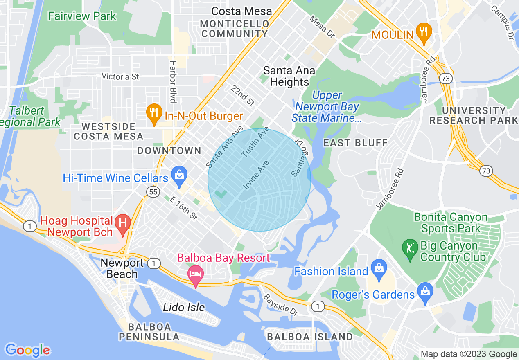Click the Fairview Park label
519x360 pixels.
[x=82, y=16]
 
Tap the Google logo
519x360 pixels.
[x=27, y=350]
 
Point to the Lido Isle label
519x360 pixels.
[x=184, y=307]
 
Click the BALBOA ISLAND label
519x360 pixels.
[x=309, y=337]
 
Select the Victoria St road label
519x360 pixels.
[x=120, y=76]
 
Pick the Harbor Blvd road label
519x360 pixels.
[x=173, y=82]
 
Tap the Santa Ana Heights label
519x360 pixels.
[x=289, y=76]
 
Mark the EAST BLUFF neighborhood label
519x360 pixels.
[x=355, y=143]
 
